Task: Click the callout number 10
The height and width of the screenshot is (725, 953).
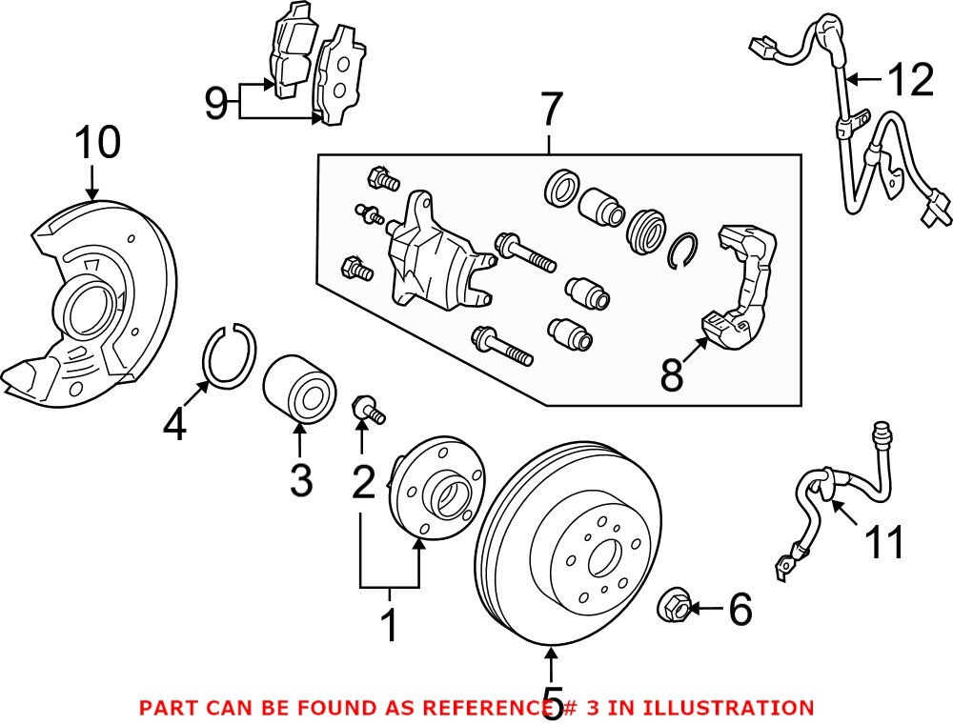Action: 98,143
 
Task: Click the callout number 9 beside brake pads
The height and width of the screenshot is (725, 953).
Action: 216,102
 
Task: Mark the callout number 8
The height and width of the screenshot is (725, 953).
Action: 672,377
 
